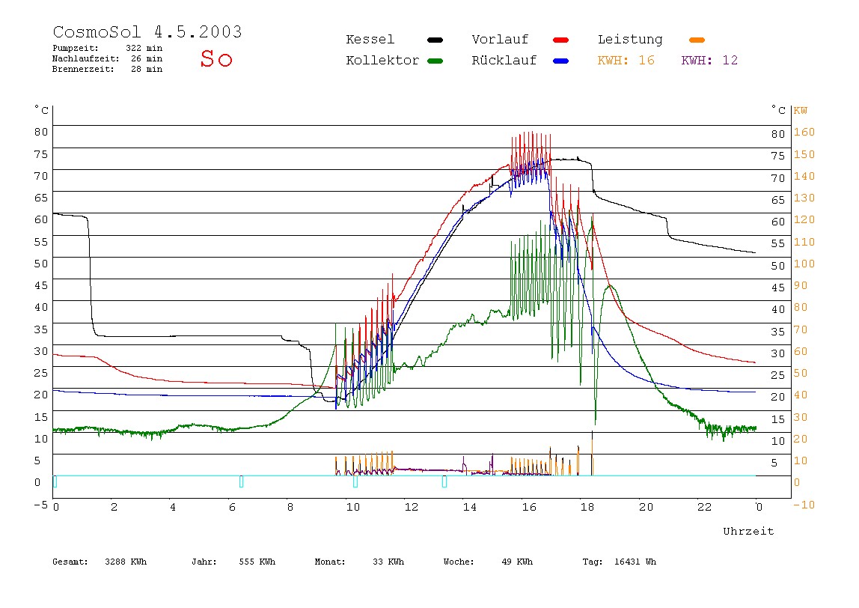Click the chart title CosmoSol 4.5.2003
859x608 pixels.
point(147,31)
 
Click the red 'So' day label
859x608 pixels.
point(216,58)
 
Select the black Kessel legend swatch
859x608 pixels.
point(435,40)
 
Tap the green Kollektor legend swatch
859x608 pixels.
point(435,61)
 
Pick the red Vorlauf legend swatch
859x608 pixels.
point(561,40)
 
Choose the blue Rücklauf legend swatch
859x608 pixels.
point(561,61)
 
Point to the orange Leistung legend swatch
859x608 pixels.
point(697,40)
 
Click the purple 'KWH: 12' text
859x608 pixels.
point(709,61)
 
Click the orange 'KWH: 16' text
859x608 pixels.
point(626,61)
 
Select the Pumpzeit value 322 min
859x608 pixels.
point(144,48)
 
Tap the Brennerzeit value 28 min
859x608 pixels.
point(147,69)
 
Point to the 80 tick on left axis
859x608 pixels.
point(41,132)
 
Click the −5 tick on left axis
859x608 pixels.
point(41,505)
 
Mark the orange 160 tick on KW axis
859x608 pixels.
point(804,132)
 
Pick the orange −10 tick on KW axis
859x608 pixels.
point(804,505)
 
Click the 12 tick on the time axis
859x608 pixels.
point(412,507)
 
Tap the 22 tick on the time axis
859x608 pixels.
point(705,507)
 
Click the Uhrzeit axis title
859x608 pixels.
point(748,531)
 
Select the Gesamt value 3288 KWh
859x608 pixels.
point(126,562)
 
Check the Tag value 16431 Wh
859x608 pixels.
point(635,562)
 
